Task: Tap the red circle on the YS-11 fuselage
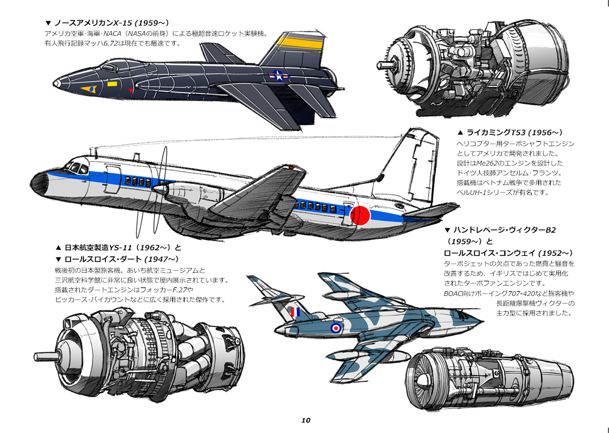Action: point(361,216)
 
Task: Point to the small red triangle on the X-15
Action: point(131,91)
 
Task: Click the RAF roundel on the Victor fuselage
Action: point(336,328)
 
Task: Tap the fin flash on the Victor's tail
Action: point(295,312)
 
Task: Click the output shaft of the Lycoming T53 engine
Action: point(385,63)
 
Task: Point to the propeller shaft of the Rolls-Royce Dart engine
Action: point(46,356)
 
